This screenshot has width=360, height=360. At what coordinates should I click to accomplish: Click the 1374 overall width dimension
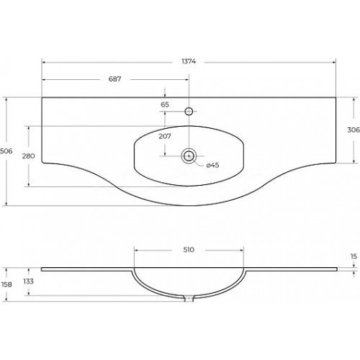click(189, 61)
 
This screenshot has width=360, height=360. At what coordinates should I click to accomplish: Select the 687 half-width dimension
click(115, 78)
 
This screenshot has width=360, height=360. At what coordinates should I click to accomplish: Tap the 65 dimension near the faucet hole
click(165, 104)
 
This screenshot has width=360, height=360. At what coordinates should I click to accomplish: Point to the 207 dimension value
click(165, 136)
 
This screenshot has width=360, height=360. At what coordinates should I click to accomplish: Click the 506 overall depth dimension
click(6, 151)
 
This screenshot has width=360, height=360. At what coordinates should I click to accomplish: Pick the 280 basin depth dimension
click(28, 156)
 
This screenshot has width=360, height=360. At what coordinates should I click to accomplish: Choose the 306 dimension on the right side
click(354, 130)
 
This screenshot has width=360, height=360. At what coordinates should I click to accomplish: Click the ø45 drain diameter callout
click(212, 165)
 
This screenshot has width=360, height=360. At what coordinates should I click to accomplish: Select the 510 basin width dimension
click(189, 250)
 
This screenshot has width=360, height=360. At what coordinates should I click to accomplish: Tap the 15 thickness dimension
click(354, 256)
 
